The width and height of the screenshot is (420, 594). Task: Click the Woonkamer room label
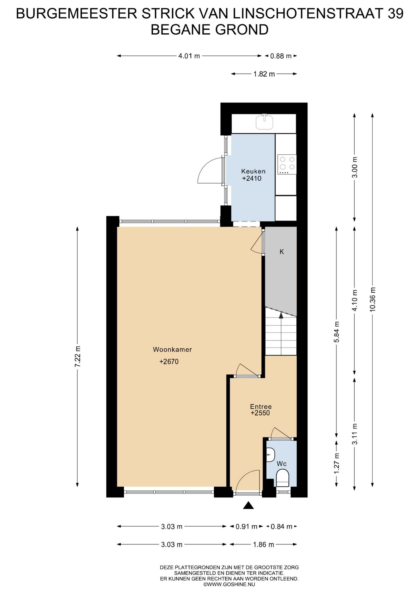pos(172,350)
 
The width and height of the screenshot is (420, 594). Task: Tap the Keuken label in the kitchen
pos(253,171)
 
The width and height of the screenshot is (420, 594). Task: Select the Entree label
pos(261,407)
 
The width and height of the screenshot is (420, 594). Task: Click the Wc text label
pos(281,464)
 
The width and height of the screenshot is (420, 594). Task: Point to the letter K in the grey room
pos(281,252)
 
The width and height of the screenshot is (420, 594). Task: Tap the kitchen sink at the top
pos(265,121)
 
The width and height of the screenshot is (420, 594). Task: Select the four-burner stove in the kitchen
pos(287,164)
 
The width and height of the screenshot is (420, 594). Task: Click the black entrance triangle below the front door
pos(248,506)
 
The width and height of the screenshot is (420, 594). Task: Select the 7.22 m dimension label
pos(77,356)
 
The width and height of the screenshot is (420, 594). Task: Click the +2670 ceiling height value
pos(169,361)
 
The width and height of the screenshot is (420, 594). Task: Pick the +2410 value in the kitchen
pos(252,178)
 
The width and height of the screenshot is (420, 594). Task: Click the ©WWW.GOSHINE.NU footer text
pos(229,584)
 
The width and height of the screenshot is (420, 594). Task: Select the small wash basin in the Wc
pos(270,455)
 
